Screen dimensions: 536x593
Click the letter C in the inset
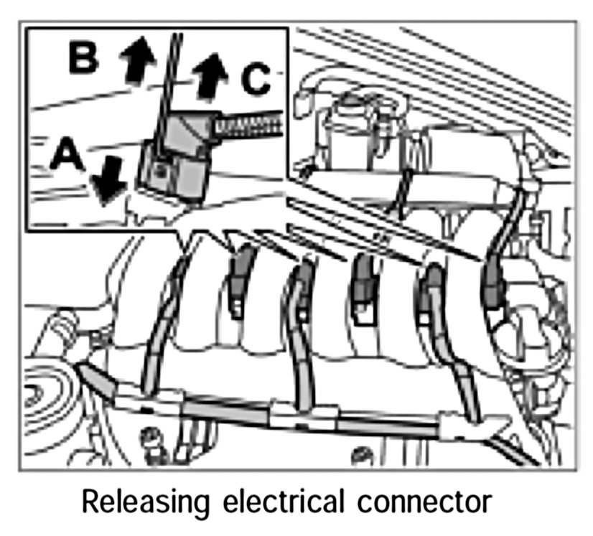pyautogui.click(x=256, y=80)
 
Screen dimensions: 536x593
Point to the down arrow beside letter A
pyautogui.click(x=108, y=179)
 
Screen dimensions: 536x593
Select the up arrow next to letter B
pyautogui.click(x=136, y=58)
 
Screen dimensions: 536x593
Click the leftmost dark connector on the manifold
pyautogui.click(x=243, y=268)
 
